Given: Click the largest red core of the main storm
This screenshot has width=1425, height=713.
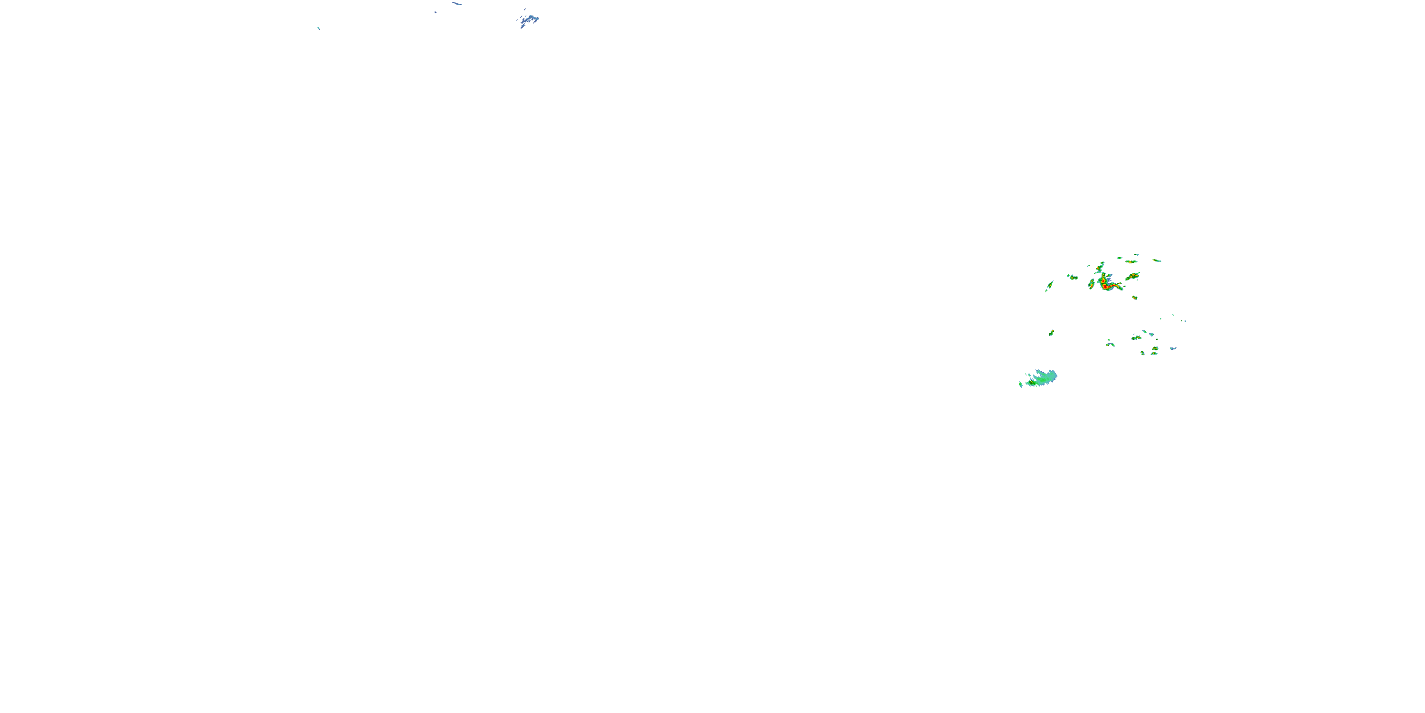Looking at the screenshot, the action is [x=1105, y=287].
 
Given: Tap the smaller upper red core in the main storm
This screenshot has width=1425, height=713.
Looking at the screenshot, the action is [x=1103, y=281].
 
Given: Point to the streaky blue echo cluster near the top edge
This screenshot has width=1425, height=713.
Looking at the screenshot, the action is [x=529, y=20].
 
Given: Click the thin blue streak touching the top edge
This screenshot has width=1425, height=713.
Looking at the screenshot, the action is [x=457, y=4].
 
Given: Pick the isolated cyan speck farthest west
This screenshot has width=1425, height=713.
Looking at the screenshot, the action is [x=319, y=28].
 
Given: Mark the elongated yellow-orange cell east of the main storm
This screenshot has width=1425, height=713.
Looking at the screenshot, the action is [x=1133, y=276].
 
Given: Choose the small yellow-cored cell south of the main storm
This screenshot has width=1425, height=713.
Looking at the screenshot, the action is [x=1135, y=298].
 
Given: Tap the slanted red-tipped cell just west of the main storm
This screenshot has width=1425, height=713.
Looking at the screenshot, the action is [x=1092, y=285].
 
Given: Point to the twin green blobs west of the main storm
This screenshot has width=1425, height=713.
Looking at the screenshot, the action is [x=1073, y=277].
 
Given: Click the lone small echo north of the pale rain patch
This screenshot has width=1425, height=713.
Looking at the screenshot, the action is [x=1052, y=333].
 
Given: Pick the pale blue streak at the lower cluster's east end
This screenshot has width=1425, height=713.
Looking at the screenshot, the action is [x=1173, y=349].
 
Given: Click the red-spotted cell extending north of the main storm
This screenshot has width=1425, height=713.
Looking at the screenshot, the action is [x=1099, y=268].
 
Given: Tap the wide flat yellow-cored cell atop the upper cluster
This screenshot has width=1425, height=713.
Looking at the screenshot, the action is [x=1131, y=262].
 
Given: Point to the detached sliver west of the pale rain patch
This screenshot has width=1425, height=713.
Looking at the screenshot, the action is [x=1021, y=385].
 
